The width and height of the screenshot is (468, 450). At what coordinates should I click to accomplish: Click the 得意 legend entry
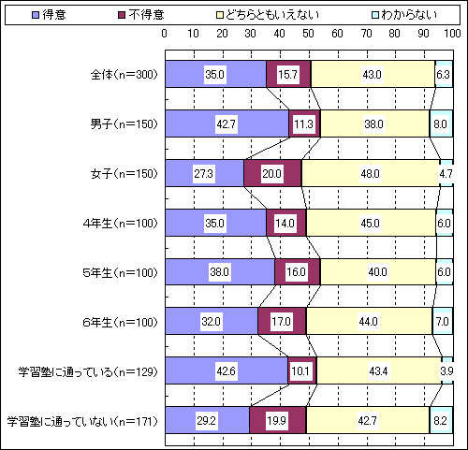(49, 15)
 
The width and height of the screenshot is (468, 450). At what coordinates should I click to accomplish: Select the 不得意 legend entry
(141, 15)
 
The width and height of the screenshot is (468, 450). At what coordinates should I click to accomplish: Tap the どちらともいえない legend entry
(268, 15)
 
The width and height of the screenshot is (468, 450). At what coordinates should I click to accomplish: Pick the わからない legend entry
(404, 15)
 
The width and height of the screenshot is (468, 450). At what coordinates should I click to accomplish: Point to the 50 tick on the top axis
(308, 34)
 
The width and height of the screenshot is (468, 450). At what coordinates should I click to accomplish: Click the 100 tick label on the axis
(452, 34)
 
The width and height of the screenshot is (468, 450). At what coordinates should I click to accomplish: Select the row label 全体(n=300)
(124, 75)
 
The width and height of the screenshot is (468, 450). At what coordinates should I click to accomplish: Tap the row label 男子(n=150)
(124, 124)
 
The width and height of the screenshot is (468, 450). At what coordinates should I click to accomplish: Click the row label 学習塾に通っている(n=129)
(88, 371)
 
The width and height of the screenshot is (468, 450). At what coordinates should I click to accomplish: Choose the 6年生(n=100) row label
(120, 322)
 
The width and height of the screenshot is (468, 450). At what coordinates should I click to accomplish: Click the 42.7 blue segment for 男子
(227, 123)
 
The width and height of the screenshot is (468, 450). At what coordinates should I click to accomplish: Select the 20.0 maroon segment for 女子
(272, 173)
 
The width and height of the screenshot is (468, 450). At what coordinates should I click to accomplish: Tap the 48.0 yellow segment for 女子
(371, 173)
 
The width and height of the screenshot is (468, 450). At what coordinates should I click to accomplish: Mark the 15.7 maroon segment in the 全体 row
(288, 74)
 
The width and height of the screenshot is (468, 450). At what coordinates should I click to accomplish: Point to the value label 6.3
(443, 75)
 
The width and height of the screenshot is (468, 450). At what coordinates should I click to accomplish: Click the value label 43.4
(378, 371)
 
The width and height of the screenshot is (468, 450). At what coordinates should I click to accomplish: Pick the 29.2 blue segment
(208, 420)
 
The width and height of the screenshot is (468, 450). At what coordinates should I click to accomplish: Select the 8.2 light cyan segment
(441, 420)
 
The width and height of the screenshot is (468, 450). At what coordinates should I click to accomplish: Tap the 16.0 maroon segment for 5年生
(298, 272)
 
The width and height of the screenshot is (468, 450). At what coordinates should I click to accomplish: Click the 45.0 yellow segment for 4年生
(371, 223)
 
